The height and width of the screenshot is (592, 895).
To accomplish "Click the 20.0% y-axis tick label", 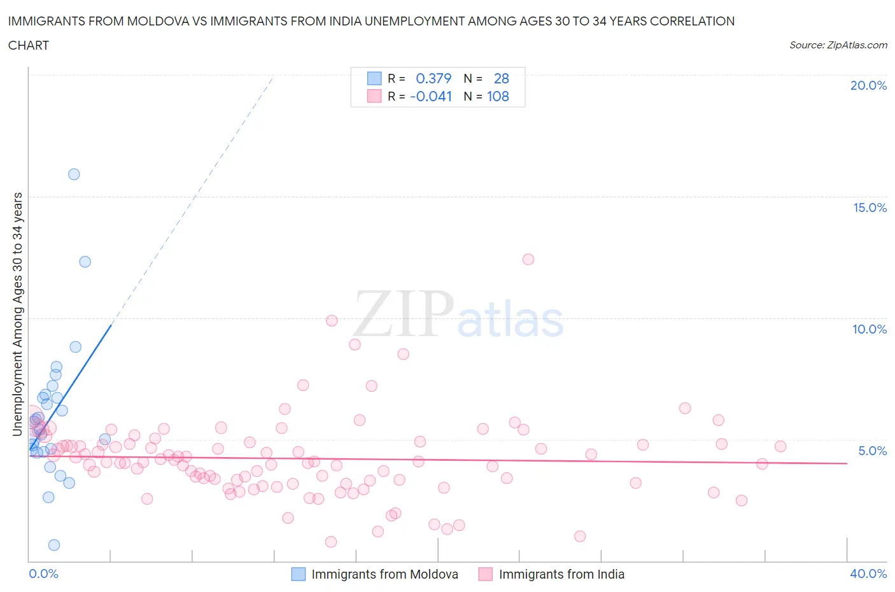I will (x=868, y=85).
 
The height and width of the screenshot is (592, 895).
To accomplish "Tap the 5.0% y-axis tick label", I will (x=872, y=451).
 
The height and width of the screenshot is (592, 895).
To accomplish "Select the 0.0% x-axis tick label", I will (x=43, y=574).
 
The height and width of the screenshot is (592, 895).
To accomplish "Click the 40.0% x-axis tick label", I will (x=868, y=574).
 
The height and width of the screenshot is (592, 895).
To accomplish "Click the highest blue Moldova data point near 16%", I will (x=74, y=174).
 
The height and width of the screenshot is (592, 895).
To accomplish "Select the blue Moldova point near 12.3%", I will (x=85, y=262).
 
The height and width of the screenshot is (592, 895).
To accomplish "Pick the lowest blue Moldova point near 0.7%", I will (x=54, y=545).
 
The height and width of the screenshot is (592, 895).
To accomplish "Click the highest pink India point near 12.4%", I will (x=528, y=259).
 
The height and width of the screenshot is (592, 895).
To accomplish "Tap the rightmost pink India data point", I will (x=780, y=446).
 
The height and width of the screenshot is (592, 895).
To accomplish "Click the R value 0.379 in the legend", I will (x=433, y=78).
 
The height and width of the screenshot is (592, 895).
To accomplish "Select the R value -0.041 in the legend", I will (x=431, y=96).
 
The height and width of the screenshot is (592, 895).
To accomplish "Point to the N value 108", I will (x=498, y=96).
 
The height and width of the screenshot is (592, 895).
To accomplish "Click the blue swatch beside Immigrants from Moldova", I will (x=298, y=574).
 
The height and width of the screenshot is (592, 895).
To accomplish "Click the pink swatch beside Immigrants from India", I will (x=486, y=574).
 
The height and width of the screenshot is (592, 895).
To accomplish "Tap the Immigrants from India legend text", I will (x=561, y=574).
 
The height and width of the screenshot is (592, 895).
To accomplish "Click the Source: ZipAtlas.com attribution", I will (x=838, y=45).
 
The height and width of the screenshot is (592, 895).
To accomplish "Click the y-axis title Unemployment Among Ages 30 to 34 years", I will (x=17, y=314).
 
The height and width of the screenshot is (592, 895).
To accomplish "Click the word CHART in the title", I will (x=29, y=45).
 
